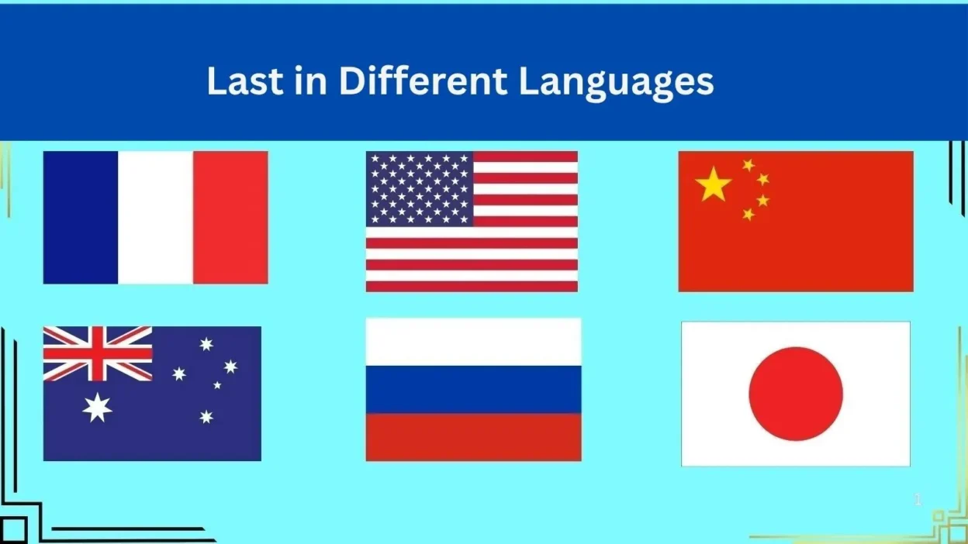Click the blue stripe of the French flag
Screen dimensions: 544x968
click(80, 217)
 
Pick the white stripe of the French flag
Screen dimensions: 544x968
click(155, 217)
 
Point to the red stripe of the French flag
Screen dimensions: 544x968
click(230, 217)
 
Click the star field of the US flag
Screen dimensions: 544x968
click(420, 188)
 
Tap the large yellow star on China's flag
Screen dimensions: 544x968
click(714, 184)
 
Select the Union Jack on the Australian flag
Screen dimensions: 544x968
click(98, 353)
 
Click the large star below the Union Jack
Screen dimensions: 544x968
click(98, 407)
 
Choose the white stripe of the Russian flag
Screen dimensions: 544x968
click(473, 342)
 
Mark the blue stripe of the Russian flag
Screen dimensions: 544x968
click(473, 389)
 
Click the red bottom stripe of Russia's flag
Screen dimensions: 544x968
click(473, 437)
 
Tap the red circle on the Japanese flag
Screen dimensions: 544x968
click(796, 394)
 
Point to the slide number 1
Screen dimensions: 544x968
click(918, 500)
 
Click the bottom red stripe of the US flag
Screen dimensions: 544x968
click(472, 287)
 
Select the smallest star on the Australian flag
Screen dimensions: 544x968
click(217, 384)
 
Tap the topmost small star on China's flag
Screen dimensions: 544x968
click(748, 165)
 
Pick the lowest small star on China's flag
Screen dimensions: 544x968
click(748, 214)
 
